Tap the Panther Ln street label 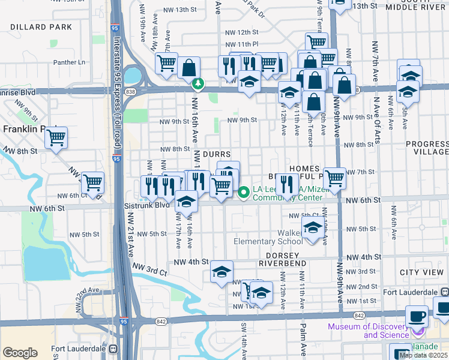70,62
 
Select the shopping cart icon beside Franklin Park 56,137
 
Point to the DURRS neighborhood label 217,154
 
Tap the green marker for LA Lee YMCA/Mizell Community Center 244,193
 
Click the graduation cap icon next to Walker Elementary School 312,228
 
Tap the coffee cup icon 417,316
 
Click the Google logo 20,352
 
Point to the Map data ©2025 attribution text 423,355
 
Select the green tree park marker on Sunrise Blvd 196,84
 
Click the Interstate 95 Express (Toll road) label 118,90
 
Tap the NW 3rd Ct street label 150,269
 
